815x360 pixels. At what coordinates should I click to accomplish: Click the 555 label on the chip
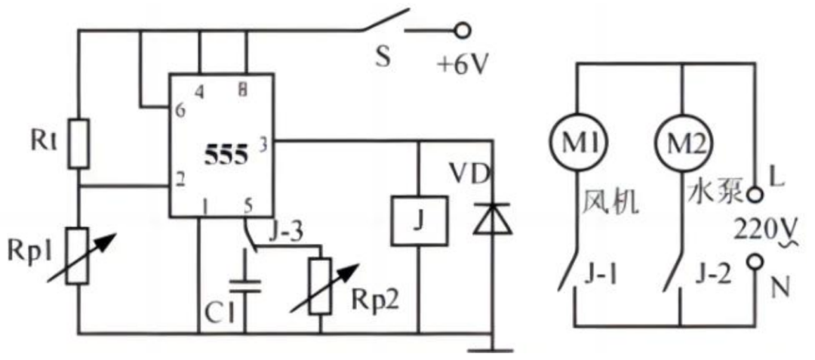tap(226, 156)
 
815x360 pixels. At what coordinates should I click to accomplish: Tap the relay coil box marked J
tap(419, 220)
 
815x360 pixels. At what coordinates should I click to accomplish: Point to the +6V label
tap(463, 66)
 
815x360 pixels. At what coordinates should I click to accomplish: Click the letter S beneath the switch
tap(383, 57)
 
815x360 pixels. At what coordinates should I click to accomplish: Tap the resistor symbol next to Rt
tap(78, 143)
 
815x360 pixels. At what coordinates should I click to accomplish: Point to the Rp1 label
tap(26, 251)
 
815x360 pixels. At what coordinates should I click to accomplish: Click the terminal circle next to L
tap(754, 195)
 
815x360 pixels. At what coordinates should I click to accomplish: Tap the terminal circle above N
tap(754, 263)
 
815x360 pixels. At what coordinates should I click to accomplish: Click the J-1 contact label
tap(603, 275)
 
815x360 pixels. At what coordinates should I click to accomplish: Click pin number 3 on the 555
tap(263, 146)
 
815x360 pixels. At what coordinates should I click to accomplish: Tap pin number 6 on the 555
tap(180, 111)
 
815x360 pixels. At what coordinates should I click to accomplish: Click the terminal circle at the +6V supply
tap(462, 31)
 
